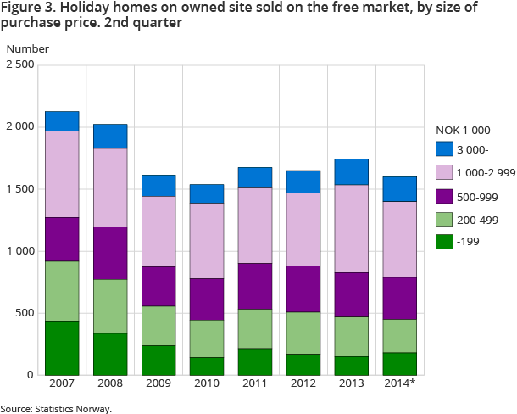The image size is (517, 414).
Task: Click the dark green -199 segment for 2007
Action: pyautogui.click(x=62, y=348)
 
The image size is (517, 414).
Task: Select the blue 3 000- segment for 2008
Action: pyautogui.click(x=110, y=137)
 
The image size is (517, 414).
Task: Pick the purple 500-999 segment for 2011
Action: pyautogui.click(x=256, y=287)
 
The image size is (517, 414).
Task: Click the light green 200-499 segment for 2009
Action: pyautogui.click(x=158, y=326)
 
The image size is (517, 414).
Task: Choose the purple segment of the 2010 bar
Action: pyautogui.click(x=207, y=299)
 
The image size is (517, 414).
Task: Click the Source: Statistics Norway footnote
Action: pyautogui.click(x=56, y=408)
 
